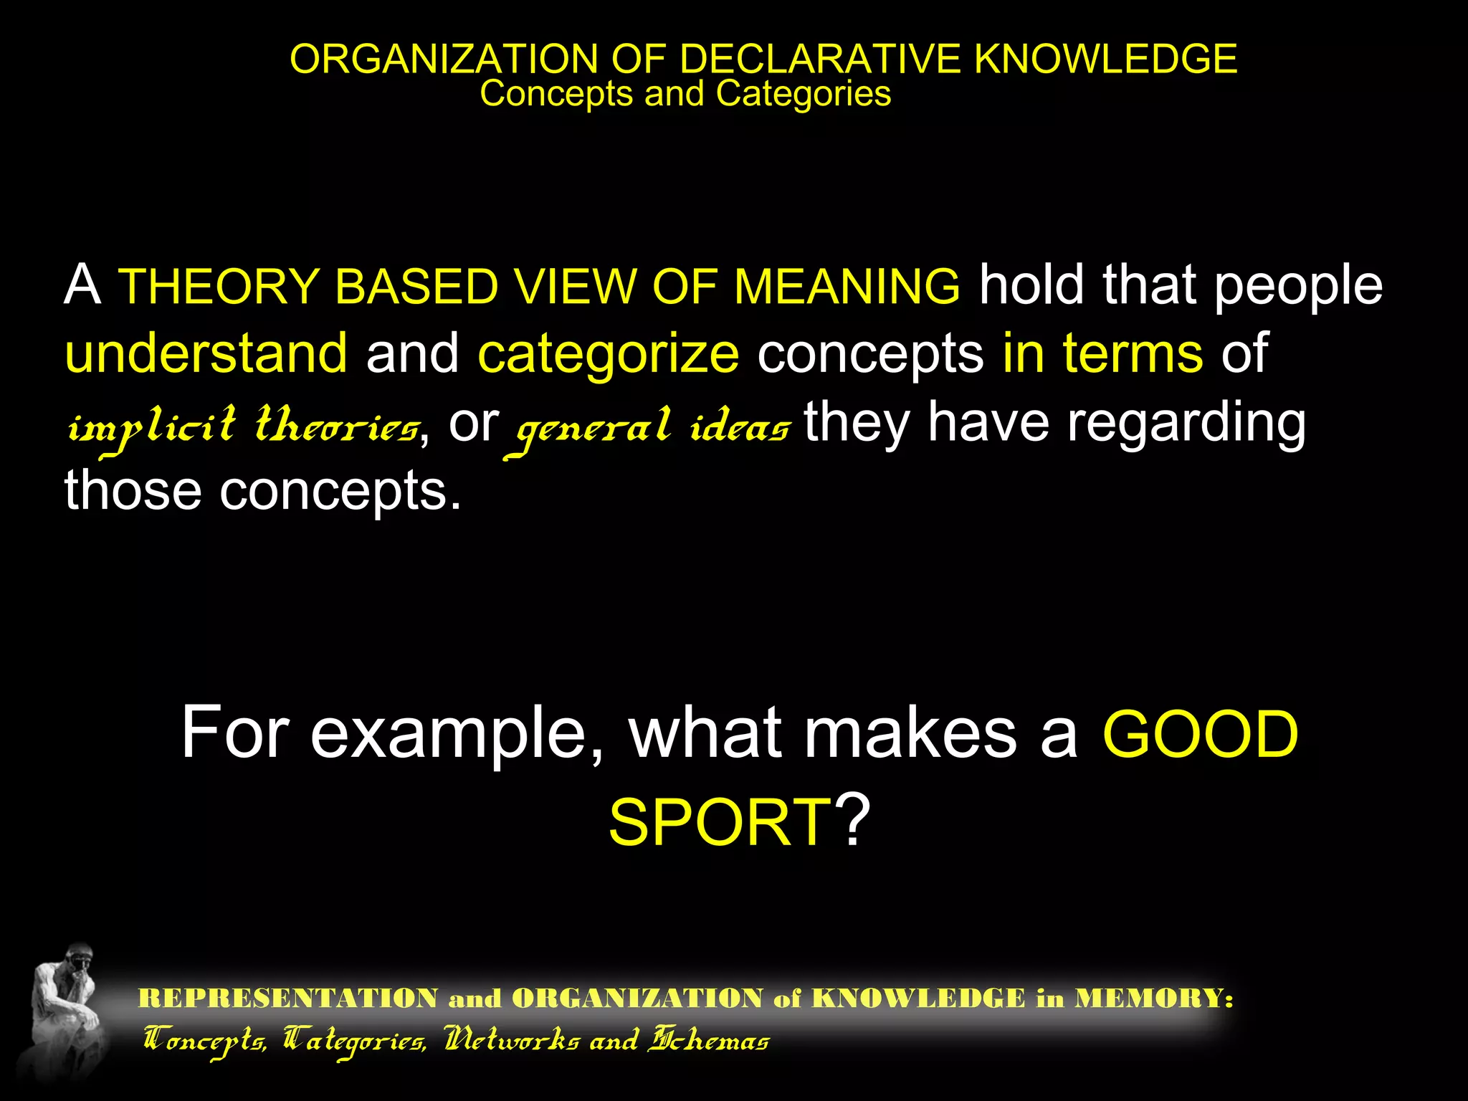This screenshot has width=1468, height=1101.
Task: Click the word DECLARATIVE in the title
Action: (819, 59)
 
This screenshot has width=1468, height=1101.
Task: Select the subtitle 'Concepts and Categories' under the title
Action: (685, 94)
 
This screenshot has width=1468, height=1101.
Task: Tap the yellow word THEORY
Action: (219, 287)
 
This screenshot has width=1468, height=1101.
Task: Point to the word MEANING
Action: (847, 287)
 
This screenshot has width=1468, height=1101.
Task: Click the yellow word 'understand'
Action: (206, 353)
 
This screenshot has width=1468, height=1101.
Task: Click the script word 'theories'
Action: (337, 425)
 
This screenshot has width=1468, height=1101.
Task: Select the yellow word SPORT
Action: (720, 823)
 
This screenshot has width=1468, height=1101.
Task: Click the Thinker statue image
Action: (66, 1011)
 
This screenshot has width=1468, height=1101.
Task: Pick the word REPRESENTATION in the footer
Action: (288, 998)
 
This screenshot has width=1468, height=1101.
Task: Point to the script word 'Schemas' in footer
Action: (708, 1040)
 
